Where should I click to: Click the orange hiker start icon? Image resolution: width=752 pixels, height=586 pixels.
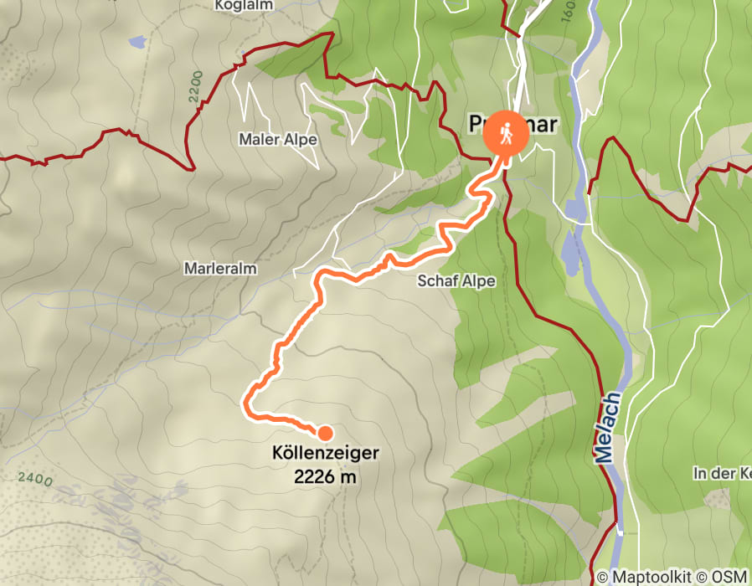pyautogui.click(x=507, y=134)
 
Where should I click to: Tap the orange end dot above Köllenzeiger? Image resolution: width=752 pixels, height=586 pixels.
pyautogui.click(x=325, y=433)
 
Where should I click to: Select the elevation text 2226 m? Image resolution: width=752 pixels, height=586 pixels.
pyautogui.click(x=325, y=477)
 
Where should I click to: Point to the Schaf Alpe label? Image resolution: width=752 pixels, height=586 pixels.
pyautogui.click(x=456, y=282)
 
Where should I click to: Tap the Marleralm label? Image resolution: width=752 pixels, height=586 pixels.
pyautogui.click(x=220, y=269)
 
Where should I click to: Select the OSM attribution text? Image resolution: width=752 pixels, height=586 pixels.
pyautogui.click(x=728, y=577)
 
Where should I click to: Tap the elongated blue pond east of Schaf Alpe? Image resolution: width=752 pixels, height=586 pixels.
pyautogui.click(x=571, y=251)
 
